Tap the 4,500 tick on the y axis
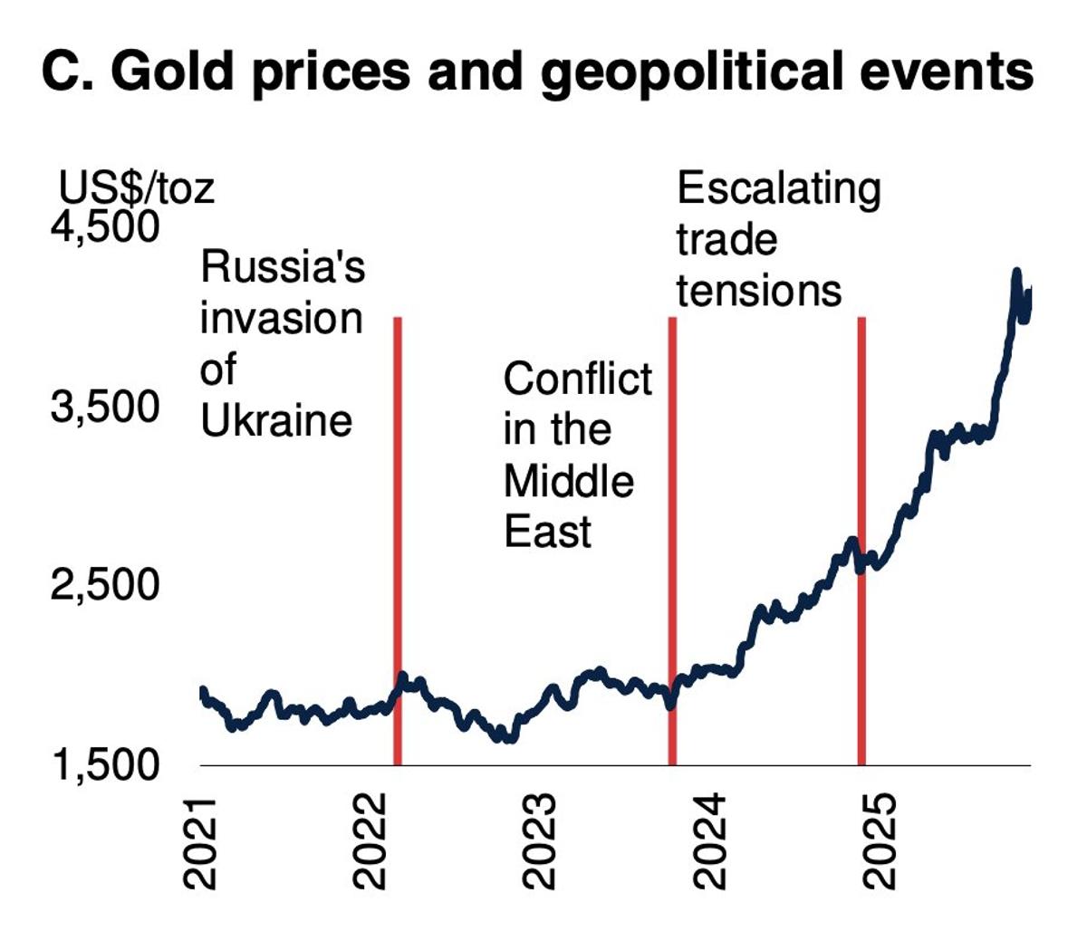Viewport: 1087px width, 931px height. pos(105,226)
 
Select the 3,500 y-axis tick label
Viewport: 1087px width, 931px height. pos(105,407)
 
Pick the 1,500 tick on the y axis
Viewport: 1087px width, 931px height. pos(105,766)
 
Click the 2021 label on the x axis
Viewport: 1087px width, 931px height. pos(201,842)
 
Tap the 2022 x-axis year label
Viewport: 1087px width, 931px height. pos(371,842)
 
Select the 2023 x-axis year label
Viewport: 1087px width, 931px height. pos(541,842)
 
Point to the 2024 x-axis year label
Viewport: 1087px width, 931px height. pos(710,842)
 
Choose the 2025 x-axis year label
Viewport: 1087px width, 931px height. pos(880,842)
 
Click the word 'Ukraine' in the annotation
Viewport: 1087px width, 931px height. pos(276,421)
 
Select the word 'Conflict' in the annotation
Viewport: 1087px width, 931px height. pos(577,379)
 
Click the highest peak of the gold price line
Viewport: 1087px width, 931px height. pos(1016,273)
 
